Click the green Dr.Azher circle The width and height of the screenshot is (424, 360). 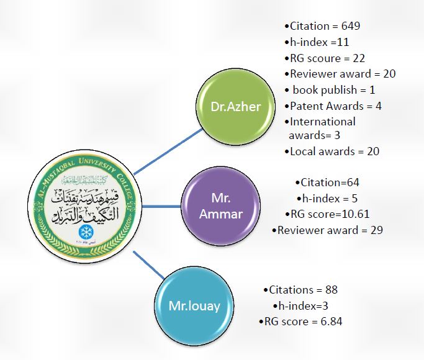236,106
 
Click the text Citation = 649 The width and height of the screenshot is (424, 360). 322,26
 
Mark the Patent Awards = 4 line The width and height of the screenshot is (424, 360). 335,106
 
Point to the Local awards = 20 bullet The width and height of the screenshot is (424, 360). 334,151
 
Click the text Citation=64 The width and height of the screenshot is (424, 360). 329,182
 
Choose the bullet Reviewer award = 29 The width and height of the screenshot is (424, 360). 328,230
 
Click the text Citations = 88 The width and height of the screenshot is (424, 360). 299,290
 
